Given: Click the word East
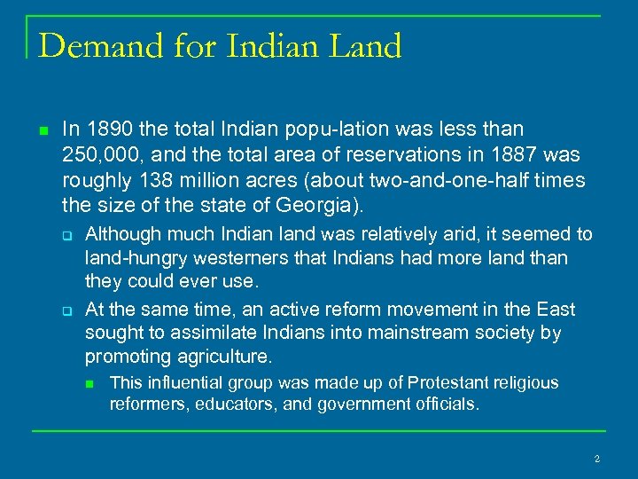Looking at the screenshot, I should click(x=555, y=310).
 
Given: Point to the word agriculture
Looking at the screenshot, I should click(x=223, y=357).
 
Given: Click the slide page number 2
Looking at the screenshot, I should click(x=596, y=459).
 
